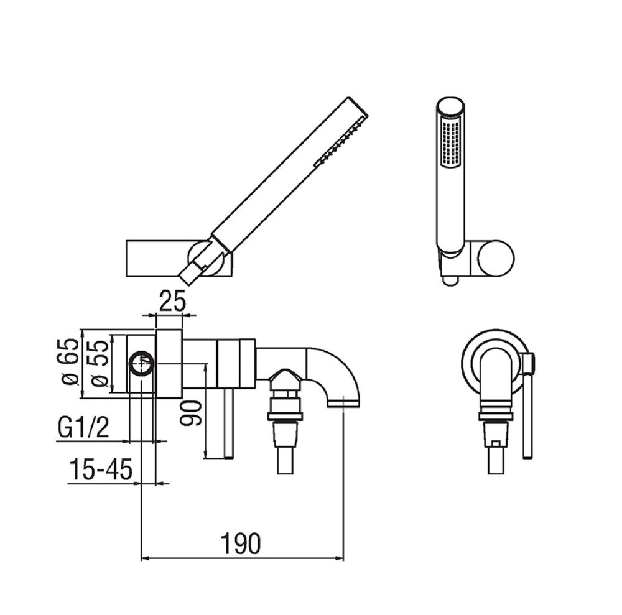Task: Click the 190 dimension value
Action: coord(241,543)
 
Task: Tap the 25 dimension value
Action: coord(172,301)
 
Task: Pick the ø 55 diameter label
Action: coord(99,363)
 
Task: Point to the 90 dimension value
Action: coord(190,413)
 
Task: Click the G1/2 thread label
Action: coord(83,427)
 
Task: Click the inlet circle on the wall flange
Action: coord(142,363)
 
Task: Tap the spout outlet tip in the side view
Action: coord(343,403)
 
